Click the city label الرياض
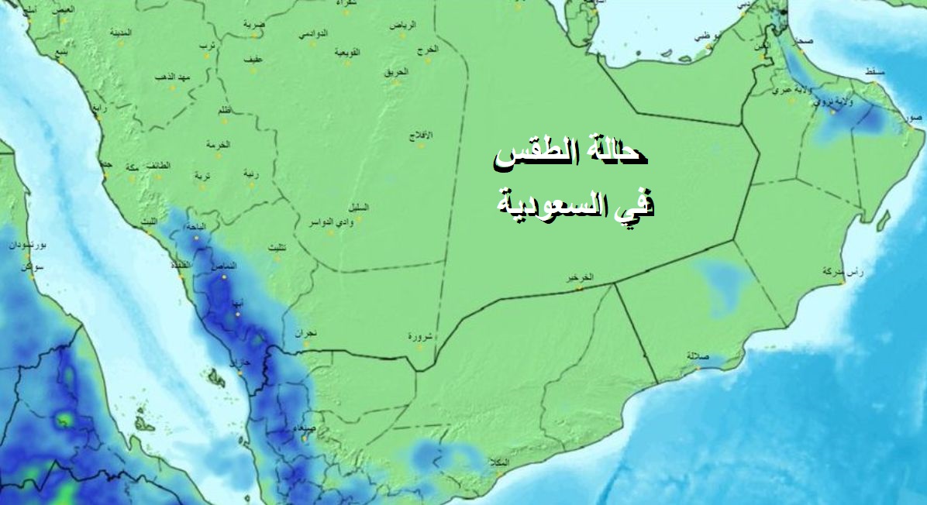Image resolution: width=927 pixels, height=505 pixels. [x=402, y=26]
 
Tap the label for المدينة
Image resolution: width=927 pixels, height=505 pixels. [x=120, y=33]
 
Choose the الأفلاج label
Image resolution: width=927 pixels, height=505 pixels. [x=421, y=136]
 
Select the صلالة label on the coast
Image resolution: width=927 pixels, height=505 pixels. [x=698, y=356]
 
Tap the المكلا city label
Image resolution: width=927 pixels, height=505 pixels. [x=500, y=462]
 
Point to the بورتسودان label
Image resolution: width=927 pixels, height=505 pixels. [x=28, y=245]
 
